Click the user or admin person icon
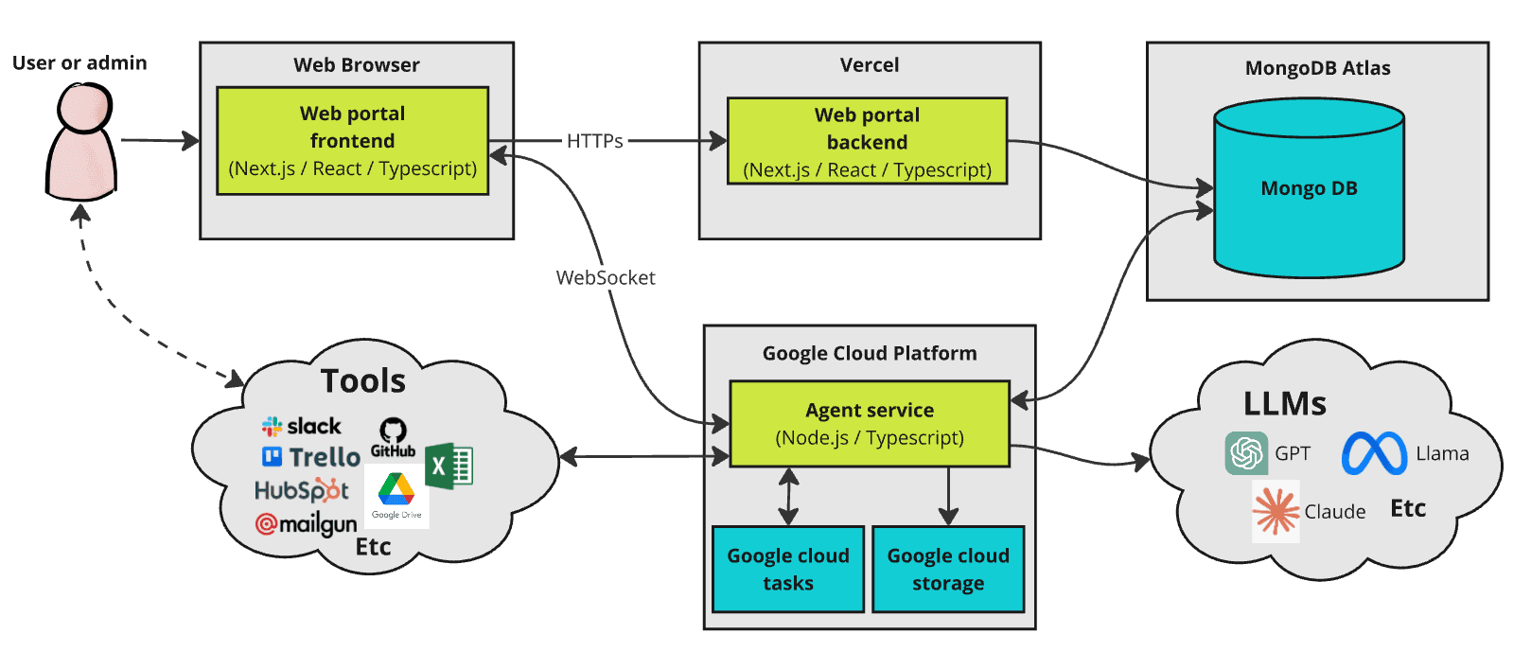(82, 142)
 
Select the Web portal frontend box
(352, 141)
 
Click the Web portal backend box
(867, 142)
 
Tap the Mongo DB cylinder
(1309, 188)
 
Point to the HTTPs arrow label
(594, 141)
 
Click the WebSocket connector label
(606, 278)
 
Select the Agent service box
(869, 424)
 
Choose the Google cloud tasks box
(787, 570)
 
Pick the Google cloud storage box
(947, 570)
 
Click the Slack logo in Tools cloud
(302, 426)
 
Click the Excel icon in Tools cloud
(449, 466)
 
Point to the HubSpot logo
(302, 490)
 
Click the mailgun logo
(306, 523)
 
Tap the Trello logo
(311, 457)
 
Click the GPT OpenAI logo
(1245, 453)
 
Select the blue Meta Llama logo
(1374, 453)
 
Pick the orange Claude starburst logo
(1275, 511)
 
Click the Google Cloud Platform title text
(869, 354)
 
